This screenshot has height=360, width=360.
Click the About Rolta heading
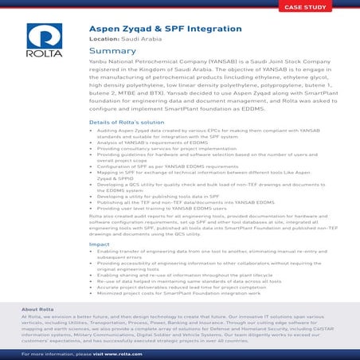37,309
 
